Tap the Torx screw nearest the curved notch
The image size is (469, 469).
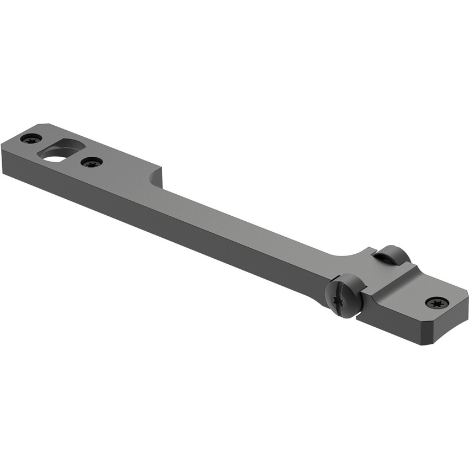click(x=91, y=162)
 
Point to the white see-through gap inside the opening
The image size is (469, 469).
click(x=54, y=157)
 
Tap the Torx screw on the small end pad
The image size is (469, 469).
click(x=436, y=302)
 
